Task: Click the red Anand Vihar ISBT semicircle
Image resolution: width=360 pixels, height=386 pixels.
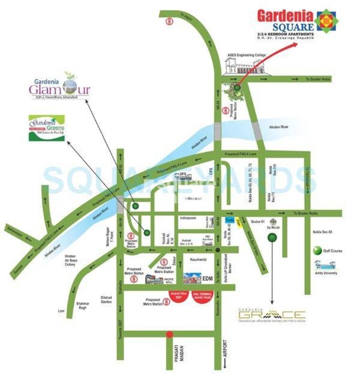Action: tap(176, 296)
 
